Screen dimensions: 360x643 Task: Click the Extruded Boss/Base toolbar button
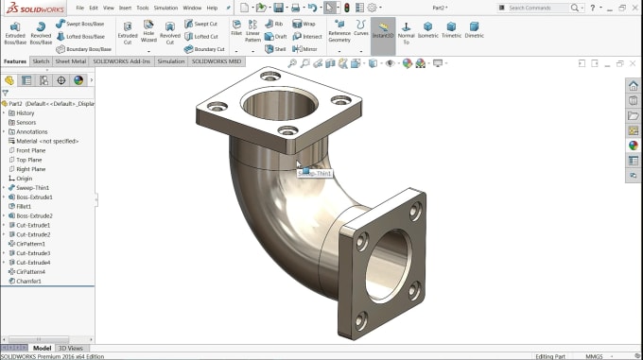(15, 32)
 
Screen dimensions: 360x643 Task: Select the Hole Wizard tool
(148, 32)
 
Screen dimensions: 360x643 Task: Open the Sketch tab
(41, 61)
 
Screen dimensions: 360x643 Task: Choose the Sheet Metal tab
(70, 61)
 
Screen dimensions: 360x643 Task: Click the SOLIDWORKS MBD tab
(217, 61)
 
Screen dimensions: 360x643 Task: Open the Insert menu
(124, 8)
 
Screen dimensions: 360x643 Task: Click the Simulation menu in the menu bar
(165, 8)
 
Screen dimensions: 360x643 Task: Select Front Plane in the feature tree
(30, 150)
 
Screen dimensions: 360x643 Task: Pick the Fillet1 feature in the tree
(24, 206)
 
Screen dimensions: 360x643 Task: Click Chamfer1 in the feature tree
(30, 281)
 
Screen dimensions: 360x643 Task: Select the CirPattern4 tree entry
(31, 271)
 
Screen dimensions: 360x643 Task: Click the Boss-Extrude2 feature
(34, 215)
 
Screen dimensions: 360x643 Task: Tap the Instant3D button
(382, 33)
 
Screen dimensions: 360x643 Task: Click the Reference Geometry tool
(339, 32)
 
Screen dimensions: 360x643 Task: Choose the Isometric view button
(427, 32)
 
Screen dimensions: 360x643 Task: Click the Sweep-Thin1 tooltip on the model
(316, 174)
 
